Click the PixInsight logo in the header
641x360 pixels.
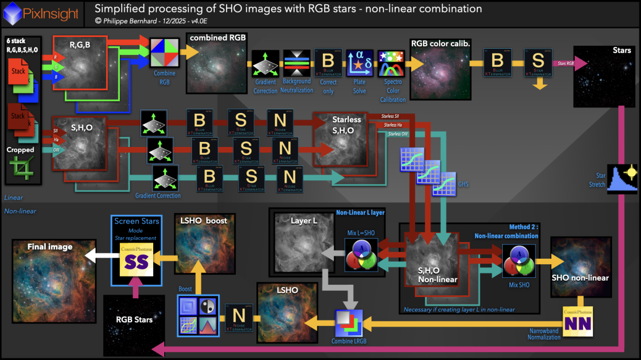click(x=12, y=12)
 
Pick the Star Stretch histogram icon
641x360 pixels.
click(x=622, y=179)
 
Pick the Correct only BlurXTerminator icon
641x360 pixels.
click(x=329, y=64)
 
